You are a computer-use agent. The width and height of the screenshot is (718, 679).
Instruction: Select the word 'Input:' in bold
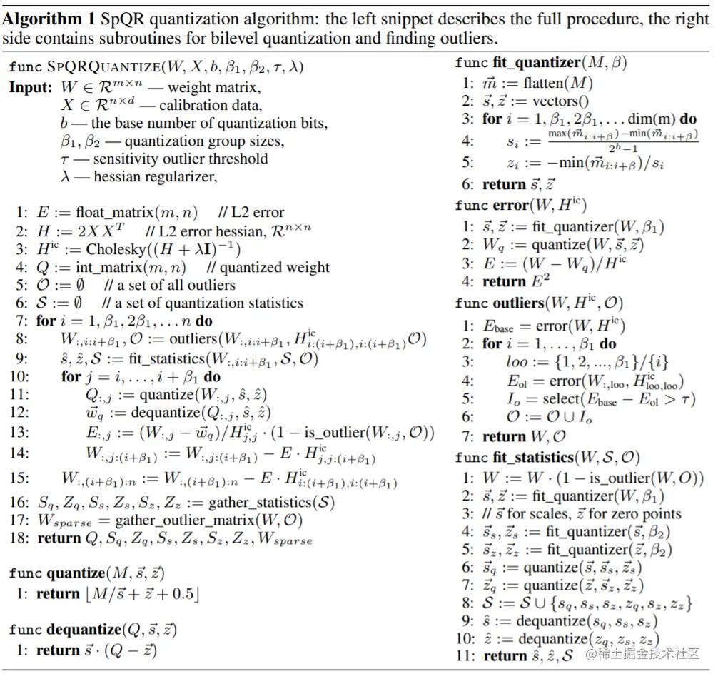30,87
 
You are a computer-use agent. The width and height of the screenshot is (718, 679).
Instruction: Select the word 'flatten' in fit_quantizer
533,83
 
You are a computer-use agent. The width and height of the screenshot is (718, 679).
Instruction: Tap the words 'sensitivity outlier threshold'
181,159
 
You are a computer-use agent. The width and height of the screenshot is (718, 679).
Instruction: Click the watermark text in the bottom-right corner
642,654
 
